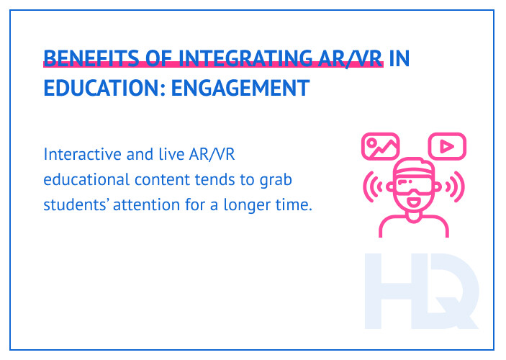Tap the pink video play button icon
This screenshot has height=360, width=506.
point(447,146)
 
